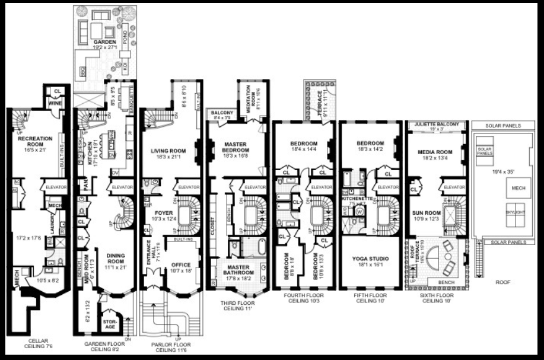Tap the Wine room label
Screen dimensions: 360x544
click(56, 103)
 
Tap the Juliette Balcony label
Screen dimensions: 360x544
click(437, 124)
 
